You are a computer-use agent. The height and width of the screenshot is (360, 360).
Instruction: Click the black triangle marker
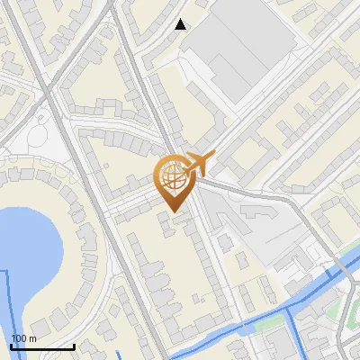coord(181,24)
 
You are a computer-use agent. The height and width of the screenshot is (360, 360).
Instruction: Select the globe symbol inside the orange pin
coord(171,175)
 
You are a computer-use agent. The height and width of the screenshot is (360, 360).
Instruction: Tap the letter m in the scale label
coord(32,338)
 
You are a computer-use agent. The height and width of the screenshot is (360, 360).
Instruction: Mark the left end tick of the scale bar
coord(12,345)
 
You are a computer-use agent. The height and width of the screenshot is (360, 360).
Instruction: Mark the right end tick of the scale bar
coord(74,345)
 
